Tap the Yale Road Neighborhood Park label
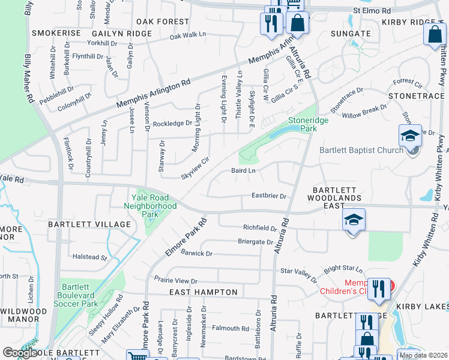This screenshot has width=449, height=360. [x=150, y=206]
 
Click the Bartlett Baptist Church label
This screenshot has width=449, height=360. [x=361, y=150]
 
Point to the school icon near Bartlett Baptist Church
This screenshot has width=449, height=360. [x=411, y=136]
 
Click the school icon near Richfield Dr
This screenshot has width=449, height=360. [x=354, y=220]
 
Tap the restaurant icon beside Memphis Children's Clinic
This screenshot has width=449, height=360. [x=378, y=289]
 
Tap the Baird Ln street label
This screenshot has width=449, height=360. [x=244, y=171]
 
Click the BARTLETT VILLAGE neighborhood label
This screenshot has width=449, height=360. [x=89, y=224]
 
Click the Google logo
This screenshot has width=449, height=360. [x=20, y=353]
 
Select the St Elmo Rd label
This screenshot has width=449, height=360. [x=372, y=11]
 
